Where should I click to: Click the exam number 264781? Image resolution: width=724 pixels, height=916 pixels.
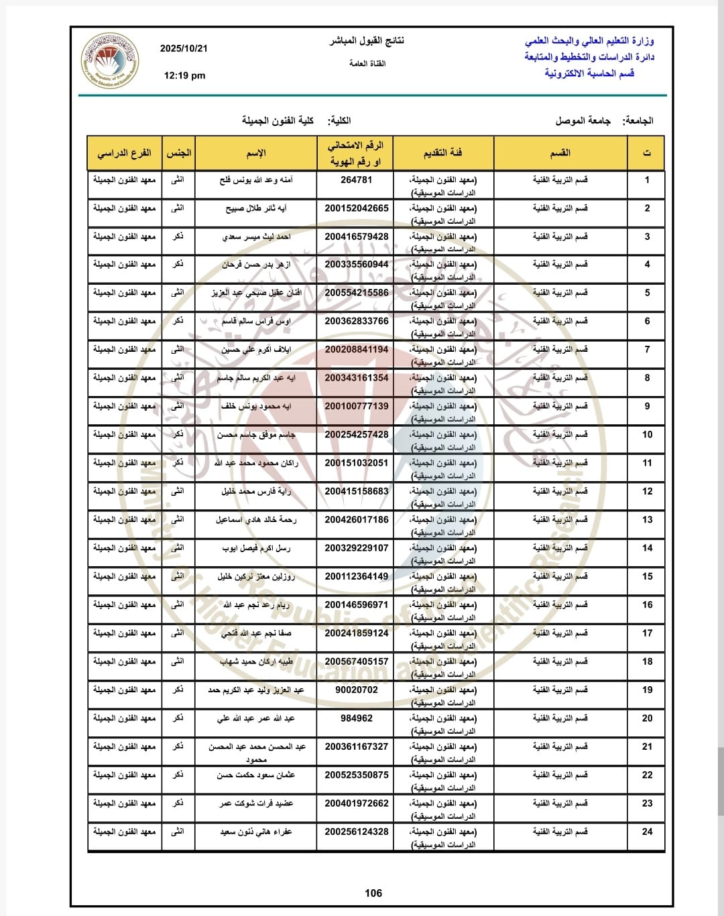point(356,180)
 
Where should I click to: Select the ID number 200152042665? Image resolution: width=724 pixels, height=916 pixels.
point(356,208)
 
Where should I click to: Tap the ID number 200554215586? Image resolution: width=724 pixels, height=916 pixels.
point(356,293)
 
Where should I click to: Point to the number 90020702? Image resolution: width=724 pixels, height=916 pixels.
point(356,690)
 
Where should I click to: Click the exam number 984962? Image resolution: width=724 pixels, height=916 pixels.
point(356,718)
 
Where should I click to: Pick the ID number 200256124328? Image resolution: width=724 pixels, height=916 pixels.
point(356,832)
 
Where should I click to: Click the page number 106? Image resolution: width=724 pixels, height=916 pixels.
point(373,893)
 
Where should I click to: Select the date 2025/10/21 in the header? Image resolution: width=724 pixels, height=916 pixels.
point(184,49)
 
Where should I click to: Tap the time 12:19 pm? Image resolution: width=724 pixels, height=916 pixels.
point(184,76)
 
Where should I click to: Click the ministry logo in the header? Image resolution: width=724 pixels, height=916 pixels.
point(110,61)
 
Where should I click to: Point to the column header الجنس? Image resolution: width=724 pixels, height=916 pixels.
point(178,153)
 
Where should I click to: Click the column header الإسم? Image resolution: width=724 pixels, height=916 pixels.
point(256,153)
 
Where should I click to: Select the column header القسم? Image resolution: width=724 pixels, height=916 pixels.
point(560,153)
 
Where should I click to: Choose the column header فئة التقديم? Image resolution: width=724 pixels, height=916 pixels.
point(442,153)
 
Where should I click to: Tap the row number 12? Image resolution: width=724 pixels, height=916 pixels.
point(647,491)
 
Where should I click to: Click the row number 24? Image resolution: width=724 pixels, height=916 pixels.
point(647,832)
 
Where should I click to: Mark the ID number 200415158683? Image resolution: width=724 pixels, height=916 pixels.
point(356,491)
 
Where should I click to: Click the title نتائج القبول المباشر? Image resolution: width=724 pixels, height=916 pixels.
point(367,41)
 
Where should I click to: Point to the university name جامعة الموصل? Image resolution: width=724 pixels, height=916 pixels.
point(583,121)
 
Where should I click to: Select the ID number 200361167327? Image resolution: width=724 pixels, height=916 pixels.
point(356,746)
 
